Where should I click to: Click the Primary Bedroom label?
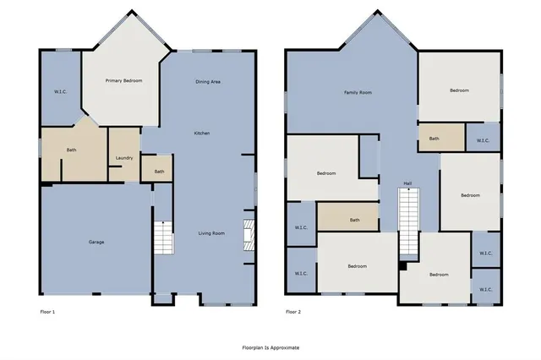[123, 80]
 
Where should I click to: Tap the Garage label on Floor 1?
[96, 242]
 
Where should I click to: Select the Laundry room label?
[123, 158]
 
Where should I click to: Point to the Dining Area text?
[208, 81]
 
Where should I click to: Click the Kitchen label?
[202, 133]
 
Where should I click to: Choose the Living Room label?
[211, 232]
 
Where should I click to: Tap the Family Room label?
[358, 92]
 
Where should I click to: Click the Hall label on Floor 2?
[407, 183]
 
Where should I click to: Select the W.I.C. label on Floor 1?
[61, 91]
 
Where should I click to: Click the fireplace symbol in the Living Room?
[249, 232]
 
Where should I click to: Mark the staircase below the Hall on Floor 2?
[409, 221]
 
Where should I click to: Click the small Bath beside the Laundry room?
[159, 172]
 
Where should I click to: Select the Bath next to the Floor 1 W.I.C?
[72, 151]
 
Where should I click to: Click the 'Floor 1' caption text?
[48, 312]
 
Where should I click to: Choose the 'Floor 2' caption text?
[292, 312]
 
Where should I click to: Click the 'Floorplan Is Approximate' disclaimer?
[270, 346]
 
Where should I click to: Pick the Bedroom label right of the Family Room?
[459, 90]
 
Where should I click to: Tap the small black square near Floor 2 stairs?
[403, 267]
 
